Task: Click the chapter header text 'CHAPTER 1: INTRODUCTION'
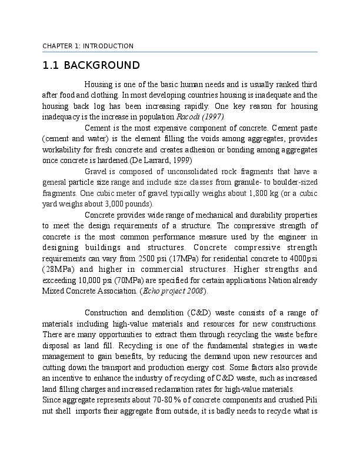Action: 88,46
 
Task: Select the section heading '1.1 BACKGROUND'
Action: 91,65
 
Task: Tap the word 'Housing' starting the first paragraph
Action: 99,84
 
